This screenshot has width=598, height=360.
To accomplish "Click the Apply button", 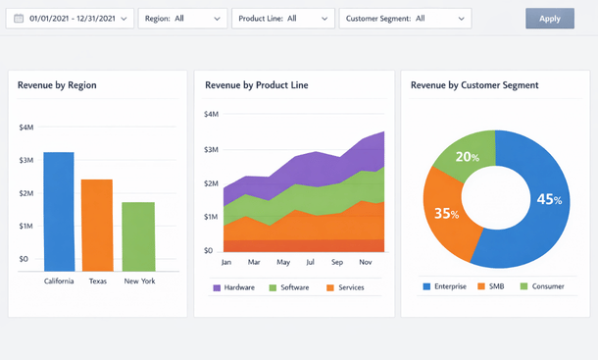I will pyautogui.click(x=550, y=19).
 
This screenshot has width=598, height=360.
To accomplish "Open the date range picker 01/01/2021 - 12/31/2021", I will pyautogui.click(x=70, y=19).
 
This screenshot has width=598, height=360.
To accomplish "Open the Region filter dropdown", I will pyautogui.click(x=183, y=19).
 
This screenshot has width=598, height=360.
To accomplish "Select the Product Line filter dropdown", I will pyautogui.click(x=283, y=19).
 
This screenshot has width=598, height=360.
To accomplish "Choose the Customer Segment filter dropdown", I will pyautogui.click(x=405, y=19).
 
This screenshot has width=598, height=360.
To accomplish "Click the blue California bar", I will pyautogui.click(x=59, y=211).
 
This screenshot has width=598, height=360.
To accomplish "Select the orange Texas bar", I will pyautogui.click(x=97, y=225).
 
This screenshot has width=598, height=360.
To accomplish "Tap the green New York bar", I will pyautogui.click(x=138, y=236).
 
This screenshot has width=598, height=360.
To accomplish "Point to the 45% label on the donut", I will pyautogui.click(x=549, y=199).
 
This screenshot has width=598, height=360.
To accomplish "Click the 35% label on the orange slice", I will pyautogui.click(x=446, y=213).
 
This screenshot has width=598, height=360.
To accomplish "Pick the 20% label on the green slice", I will pyautogui.click(x=468, y=157).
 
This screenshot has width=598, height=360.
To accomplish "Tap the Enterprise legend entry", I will pyautogui.click(x=446, y=286).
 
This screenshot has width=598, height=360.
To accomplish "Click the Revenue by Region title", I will pyautogui.click(x=57, y=85).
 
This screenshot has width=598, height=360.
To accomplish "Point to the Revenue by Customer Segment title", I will pyautogui.click(x=474, y=85).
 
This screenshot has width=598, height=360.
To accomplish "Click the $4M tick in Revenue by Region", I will pyautogui.click(x=26, y=128).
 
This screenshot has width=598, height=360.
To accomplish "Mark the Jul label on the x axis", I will pyautogui.click(x=310, y=263).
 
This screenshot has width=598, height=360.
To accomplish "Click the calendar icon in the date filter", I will pyautogui.click(x=19, y=19).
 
